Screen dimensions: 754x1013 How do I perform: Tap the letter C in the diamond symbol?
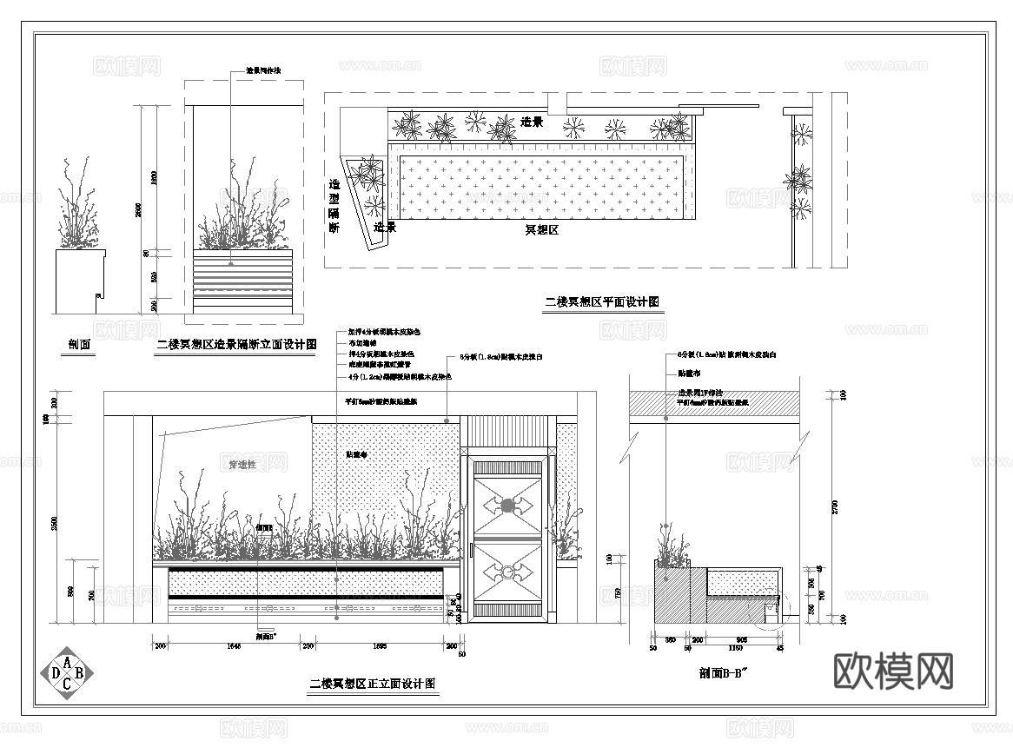click(x=66, y=684)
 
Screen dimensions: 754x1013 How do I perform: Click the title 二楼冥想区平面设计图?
click(x=602, y=302)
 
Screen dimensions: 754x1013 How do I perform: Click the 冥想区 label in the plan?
click(x=541, y=230)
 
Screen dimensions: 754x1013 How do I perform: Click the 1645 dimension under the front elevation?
click(x=234, y=646)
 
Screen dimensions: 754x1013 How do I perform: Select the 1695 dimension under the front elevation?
click(x=380, y=646)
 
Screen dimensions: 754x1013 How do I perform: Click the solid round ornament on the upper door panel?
click(x=507, y=504)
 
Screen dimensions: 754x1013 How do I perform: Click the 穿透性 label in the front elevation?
click(x=242, y=465)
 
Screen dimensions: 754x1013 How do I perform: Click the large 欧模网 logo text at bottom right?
click(x=894, y=671)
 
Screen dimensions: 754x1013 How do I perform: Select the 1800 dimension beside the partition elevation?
click(x=155, y=178)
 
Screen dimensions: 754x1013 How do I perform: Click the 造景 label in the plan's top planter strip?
click(x=532, y=122)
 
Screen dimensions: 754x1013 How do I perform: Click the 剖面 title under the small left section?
click(x=80, y=345)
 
